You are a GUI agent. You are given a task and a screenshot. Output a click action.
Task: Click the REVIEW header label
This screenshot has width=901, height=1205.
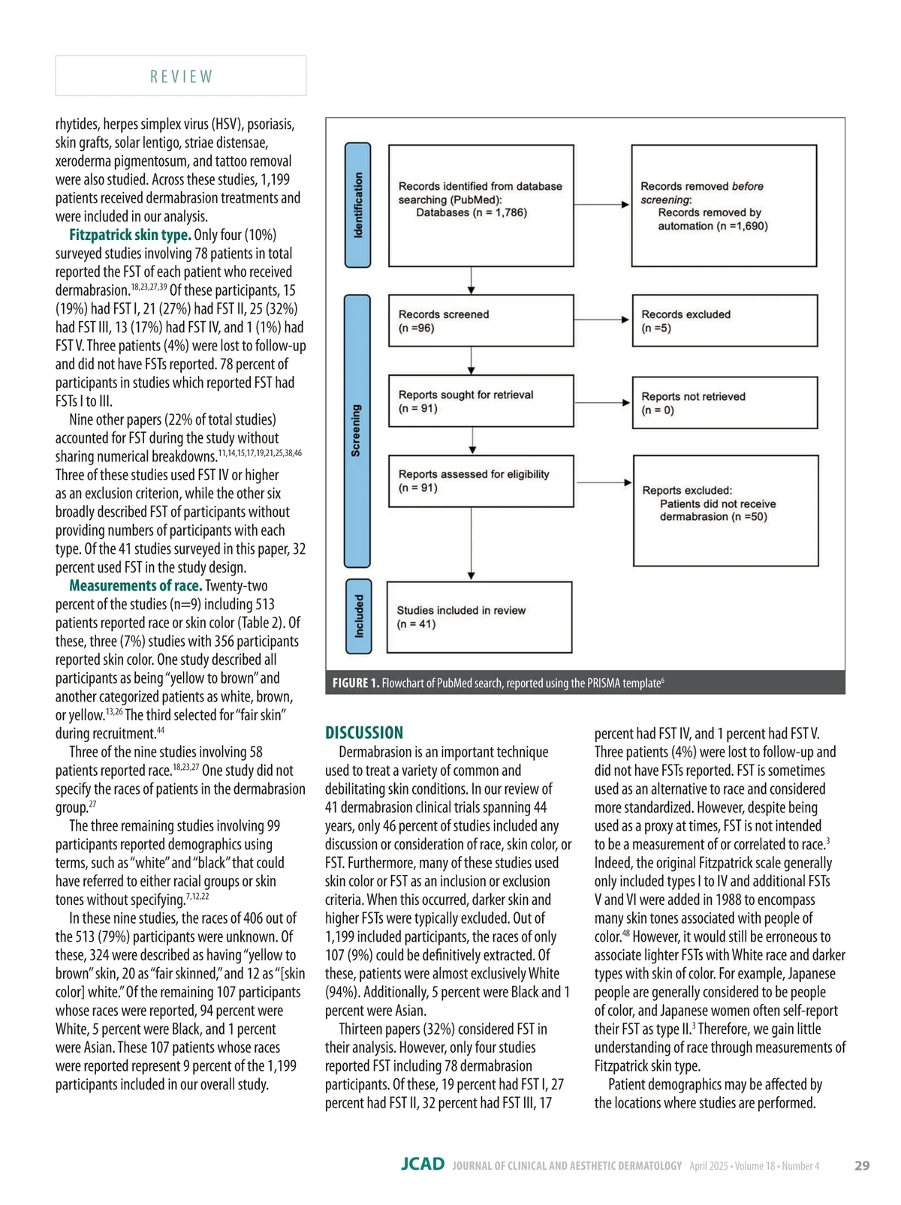click(x=181, y=77)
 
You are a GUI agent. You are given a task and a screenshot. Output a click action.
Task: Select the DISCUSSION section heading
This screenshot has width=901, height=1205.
click(x=364, y=733)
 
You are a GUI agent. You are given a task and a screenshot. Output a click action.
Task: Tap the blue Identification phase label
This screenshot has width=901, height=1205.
click(x=358, y=205)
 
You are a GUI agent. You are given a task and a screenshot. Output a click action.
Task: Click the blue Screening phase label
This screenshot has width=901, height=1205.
click(x=357, y=431)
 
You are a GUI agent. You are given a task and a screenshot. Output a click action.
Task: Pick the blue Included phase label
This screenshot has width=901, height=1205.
click(x=359, y=616)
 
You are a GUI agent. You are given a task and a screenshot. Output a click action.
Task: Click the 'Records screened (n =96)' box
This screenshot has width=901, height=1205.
click(x=481, y=320)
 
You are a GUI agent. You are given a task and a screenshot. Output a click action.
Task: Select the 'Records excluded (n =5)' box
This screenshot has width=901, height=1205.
click(x=725, y=320)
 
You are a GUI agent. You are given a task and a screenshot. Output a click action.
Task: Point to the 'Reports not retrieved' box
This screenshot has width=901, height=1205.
click(x=725, y=403)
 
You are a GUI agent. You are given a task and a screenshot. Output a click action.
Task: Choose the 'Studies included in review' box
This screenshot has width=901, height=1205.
click(x=479, y=617)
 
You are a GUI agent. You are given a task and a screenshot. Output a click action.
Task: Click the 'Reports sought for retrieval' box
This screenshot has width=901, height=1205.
click(x=481, y=401)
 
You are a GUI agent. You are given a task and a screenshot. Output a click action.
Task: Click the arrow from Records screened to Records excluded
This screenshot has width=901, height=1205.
click(x=603, y=320)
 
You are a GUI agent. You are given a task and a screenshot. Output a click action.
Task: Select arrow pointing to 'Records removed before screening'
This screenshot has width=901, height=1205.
click(x=603, y=204)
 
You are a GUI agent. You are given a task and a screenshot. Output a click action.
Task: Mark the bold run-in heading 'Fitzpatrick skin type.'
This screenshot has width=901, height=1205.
click(x=130, y=235)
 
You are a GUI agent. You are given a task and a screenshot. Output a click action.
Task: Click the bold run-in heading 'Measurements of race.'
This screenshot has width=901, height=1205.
click(x=135, y=586)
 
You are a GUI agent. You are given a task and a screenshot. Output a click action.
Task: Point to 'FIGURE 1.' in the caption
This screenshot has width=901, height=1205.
click(x=356, y=683)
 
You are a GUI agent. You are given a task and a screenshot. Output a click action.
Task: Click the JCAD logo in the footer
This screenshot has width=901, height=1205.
click(x=422, y=1164)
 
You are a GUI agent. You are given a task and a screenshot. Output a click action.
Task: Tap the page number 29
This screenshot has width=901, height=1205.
click(x=862, y=1165)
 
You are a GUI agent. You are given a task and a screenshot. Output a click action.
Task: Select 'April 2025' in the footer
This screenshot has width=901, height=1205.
click(x=709, y=1166)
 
